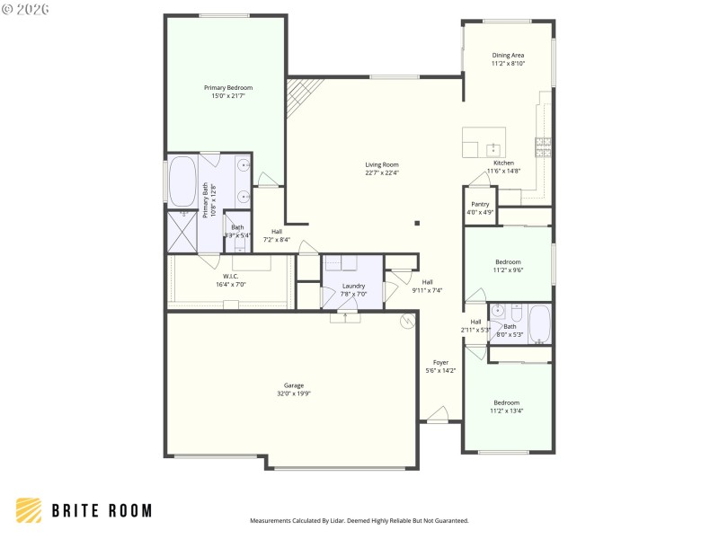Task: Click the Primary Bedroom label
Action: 226,87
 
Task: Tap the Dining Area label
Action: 508,55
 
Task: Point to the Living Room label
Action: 382,164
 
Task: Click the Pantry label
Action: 480,204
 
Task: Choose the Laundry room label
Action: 353,286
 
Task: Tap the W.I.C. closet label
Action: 230,277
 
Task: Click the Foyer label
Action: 440,362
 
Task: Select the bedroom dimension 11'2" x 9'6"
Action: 508,269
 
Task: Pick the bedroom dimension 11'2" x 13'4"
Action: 508,411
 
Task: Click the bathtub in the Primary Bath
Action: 182,182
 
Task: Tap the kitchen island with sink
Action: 484,142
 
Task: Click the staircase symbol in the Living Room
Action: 302,95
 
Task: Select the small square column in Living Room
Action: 416,223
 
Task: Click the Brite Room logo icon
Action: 29,510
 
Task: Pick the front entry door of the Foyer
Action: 438,414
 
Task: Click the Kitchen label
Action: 503,163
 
